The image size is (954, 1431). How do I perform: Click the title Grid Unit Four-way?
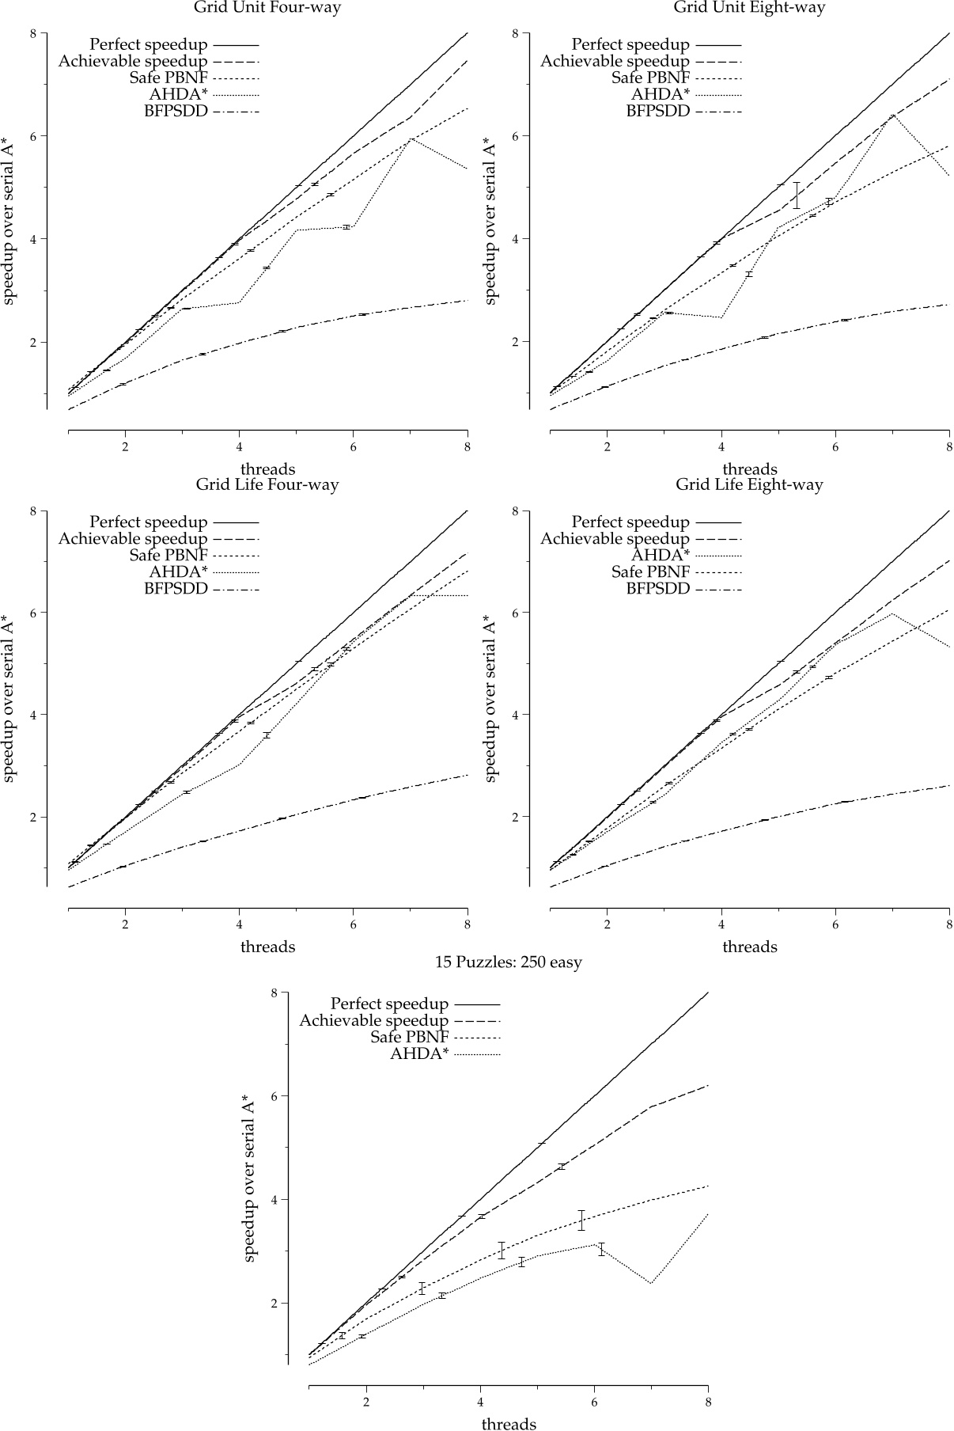coord(267,8)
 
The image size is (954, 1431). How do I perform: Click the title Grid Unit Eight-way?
coord(749,8)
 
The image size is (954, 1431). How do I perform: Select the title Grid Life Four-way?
coord(267,484)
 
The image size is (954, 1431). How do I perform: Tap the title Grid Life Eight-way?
coord(749,484)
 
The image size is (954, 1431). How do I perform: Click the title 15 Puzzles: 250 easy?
coord(509,962)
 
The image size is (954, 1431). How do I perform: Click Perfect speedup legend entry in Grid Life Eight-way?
coord(630,522)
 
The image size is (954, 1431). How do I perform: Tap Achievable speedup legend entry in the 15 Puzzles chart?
coord(373,1021)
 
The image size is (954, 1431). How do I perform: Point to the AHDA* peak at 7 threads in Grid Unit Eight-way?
coord(892,115)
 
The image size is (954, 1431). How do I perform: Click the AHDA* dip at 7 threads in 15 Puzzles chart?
coord(650,1283)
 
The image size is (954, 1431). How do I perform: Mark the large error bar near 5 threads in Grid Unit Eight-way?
coord(797,195)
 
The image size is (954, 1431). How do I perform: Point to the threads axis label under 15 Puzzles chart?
coord(509,1423)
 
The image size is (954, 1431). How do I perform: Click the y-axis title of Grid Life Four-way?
coord(9,698)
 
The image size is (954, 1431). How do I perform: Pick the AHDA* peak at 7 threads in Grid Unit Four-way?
coord(411,139)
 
